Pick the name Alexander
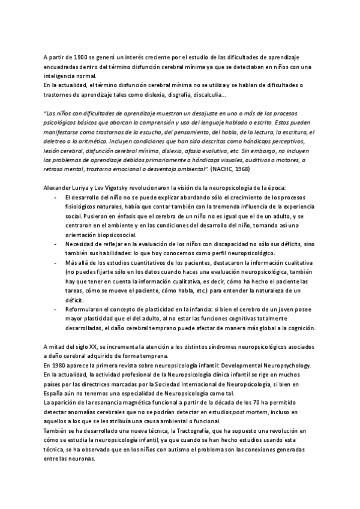(x=58, y=188)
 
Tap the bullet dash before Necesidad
(x=55, y=244)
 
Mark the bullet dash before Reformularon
(x=55, y=309)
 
